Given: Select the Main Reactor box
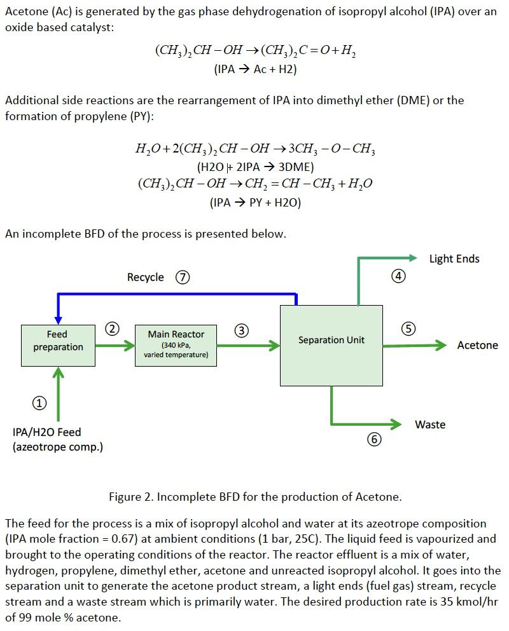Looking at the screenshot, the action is pos(176,345).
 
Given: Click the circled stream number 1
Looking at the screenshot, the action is pos(39,402).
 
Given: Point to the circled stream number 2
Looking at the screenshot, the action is pos(112,329).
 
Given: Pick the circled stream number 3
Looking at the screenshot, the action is pos(242,330).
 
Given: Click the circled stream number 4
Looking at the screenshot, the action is pos(398,276).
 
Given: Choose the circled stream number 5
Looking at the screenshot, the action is pos(408,329).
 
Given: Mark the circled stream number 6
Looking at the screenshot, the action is pos(375,439).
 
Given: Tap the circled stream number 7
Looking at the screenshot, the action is pos(183,277).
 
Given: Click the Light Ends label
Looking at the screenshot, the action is pos(454,259).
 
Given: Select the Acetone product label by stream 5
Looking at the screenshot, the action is pos(477,345).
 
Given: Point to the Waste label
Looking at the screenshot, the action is pos(430,424).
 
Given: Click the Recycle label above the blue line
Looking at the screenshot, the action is pos(145,277).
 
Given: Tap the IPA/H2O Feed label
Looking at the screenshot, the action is pos(47,432).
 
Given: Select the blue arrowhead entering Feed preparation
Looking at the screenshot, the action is pos(58,318).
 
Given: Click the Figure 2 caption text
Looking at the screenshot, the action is pos(255,496).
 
